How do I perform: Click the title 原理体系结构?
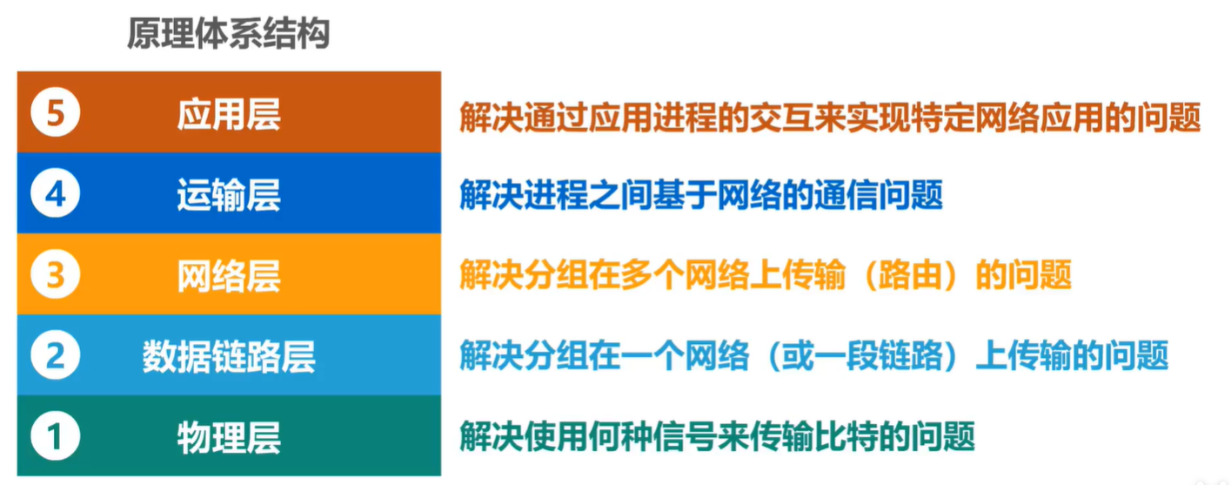pos(229,34)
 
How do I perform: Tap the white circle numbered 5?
pos(56,112)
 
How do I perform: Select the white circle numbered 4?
pos(56,193)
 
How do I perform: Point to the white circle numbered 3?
pos(56,274)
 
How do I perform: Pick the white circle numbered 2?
pos(56,355)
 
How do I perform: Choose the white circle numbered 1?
pos(56,436)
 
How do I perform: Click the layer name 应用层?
pos(229,114)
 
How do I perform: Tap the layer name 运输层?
pos(229,195)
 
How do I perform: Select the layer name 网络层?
pos(229,276)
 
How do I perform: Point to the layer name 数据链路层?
pos(229,357)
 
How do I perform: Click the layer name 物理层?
pos(229,438)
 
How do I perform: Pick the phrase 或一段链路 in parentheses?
pos(862,356)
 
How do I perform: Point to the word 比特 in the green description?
pos(846,436)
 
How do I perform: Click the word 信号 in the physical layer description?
pos(685,436)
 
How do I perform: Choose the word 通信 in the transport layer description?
pos(846,195)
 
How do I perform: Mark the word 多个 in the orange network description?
pos(652,275)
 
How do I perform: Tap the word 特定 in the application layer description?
pos(943,118)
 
